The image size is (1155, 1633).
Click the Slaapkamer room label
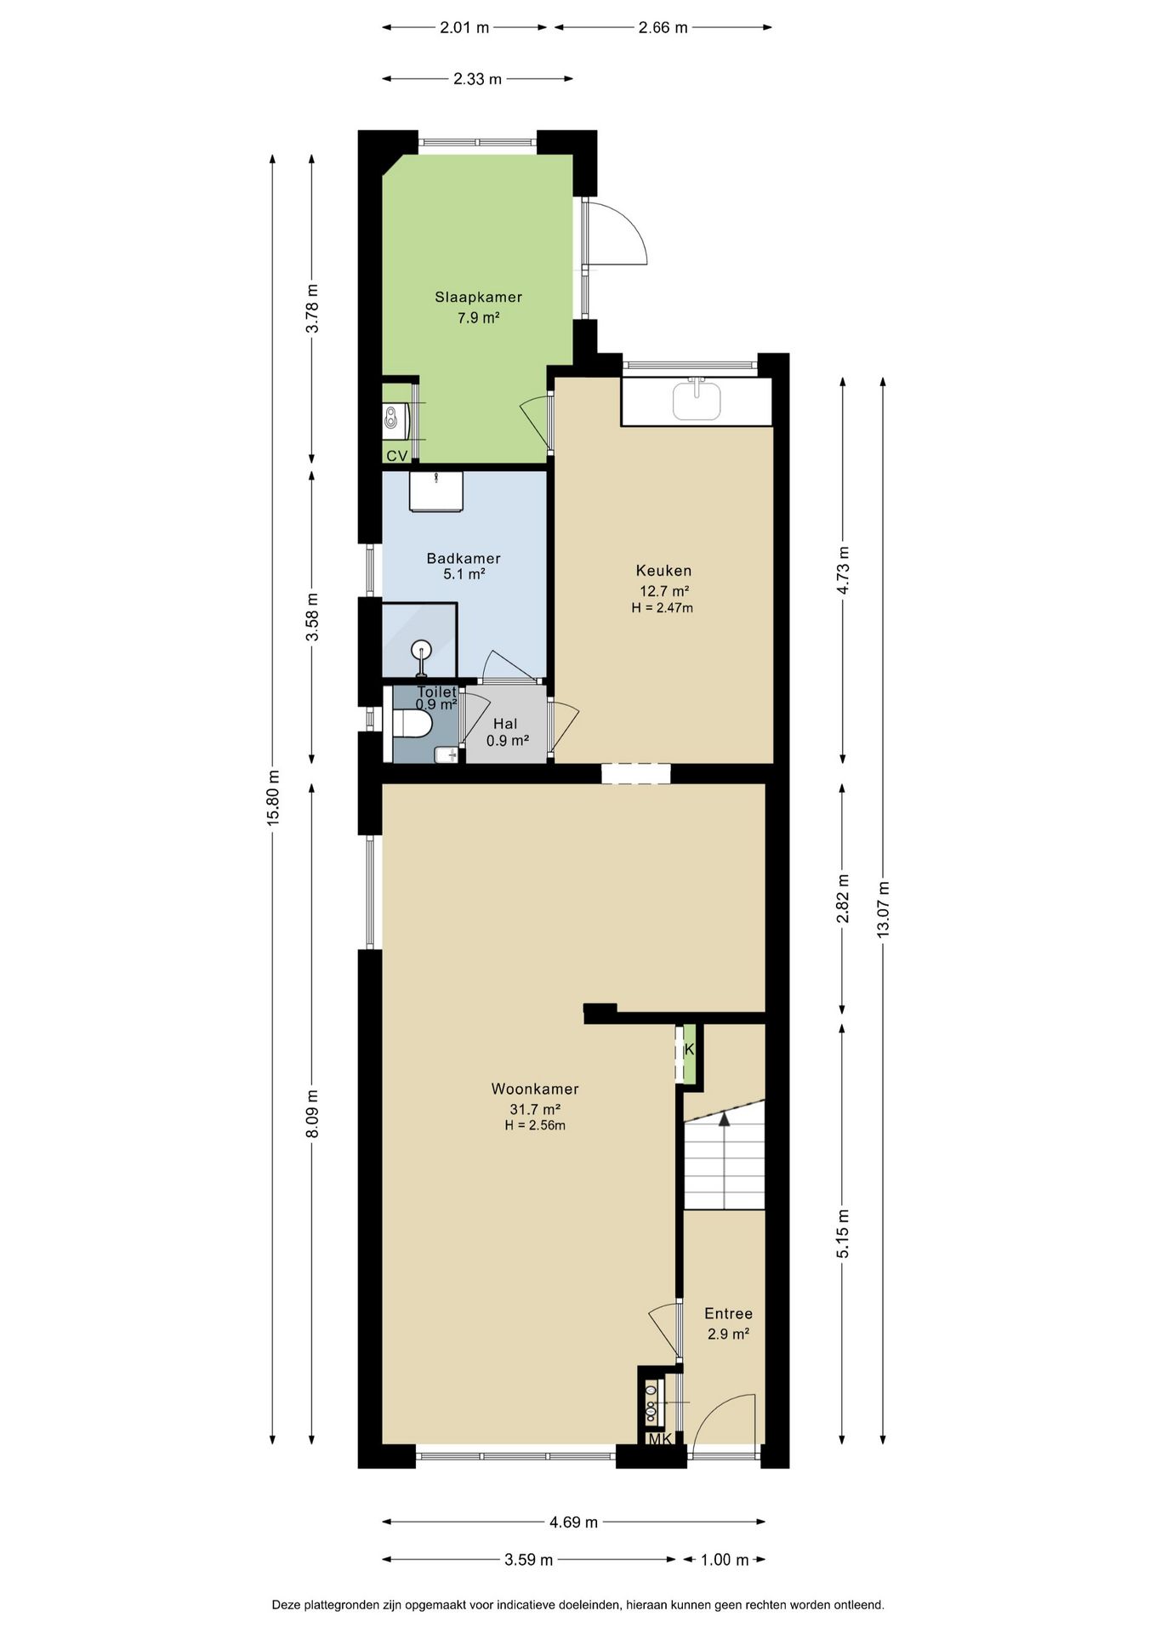478,298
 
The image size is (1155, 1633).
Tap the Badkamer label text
464,559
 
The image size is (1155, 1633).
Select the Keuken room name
663,571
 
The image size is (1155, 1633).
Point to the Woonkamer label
535,1090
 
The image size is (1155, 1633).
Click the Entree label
728,1314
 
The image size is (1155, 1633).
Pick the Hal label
505,724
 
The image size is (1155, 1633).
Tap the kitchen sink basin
697,400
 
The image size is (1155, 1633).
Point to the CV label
396,457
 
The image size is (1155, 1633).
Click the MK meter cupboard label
660,1440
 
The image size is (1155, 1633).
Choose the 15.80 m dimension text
273,798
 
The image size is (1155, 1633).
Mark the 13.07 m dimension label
883,909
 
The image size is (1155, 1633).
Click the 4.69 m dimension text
573,1522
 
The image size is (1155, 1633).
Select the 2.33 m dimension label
477,79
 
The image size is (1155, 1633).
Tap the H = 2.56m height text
535,1125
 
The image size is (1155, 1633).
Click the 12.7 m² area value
663,591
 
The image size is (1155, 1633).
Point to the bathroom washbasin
436,492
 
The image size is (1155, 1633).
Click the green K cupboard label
689,1050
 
